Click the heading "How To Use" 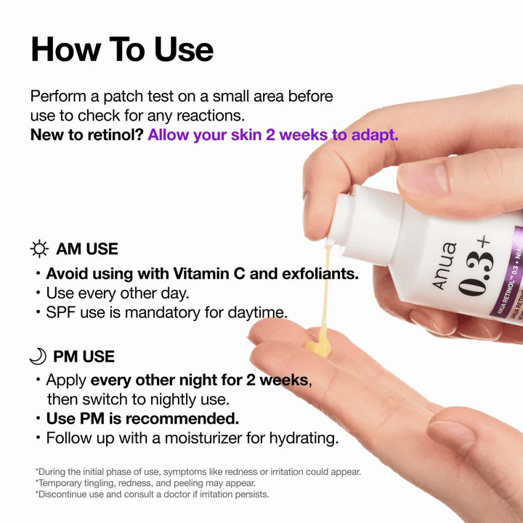(122, 49)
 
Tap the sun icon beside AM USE (40, 249)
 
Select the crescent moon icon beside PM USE (38, 356)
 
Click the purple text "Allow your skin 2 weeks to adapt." (272, 134)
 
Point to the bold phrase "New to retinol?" (86, 134)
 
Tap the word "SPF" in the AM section (61, 313)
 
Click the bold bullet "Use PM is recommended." (142, 419)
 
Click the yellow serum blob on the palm (320, 346)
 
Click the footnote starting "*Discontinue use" (152, 495)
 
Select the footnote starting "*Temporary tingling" (145, 483)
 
